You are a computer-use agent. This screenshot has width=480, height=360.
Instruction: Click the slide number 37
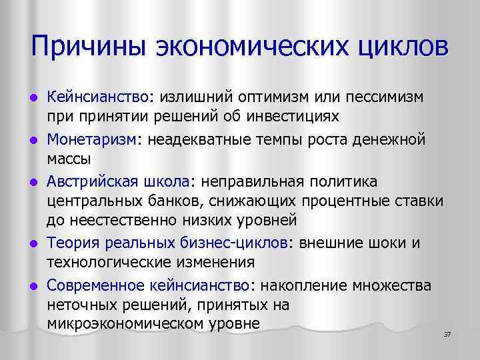[447, 333]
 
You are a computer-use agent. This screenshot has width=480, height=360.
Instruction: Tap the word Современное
[95, 285]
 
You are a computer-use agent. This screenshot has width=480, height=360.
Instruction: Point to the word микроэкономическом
[133, 325]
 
